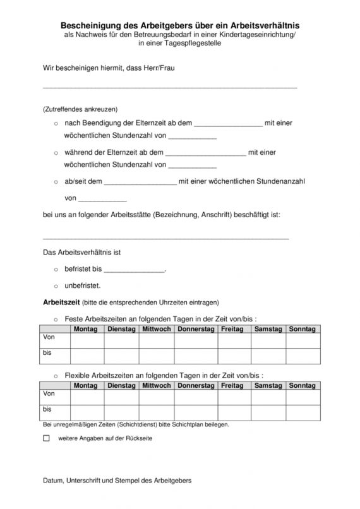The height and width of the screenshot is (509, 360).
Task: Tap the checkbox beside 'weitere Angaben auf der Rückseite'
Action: (46, 438)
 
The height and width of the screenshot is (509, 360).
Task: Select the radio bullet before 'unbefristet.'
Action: (56, 285)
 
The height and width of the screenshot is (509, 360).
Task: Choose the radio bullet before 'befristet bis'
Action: (56, 268)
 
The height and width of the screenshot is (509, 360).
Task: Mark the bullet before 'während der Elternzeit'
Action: (56, 152)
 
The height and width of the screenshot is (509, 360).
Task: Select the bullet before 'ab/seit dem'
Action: (56, 181)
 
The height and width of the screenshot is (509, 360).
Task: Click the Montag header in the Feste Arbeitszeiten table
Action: (85, 329)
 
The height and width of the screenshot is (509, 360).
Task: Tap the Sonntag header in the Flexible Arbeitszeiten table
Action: (303, 385)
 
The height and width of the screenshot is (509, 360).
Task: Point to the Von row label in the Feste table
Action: (48, 338)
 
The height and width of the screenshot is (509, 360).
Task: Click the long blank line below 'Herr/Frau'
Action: (169, 86)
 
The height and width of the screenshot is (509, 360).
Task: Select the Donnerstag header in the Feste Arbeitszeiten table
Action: (196, 329)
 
